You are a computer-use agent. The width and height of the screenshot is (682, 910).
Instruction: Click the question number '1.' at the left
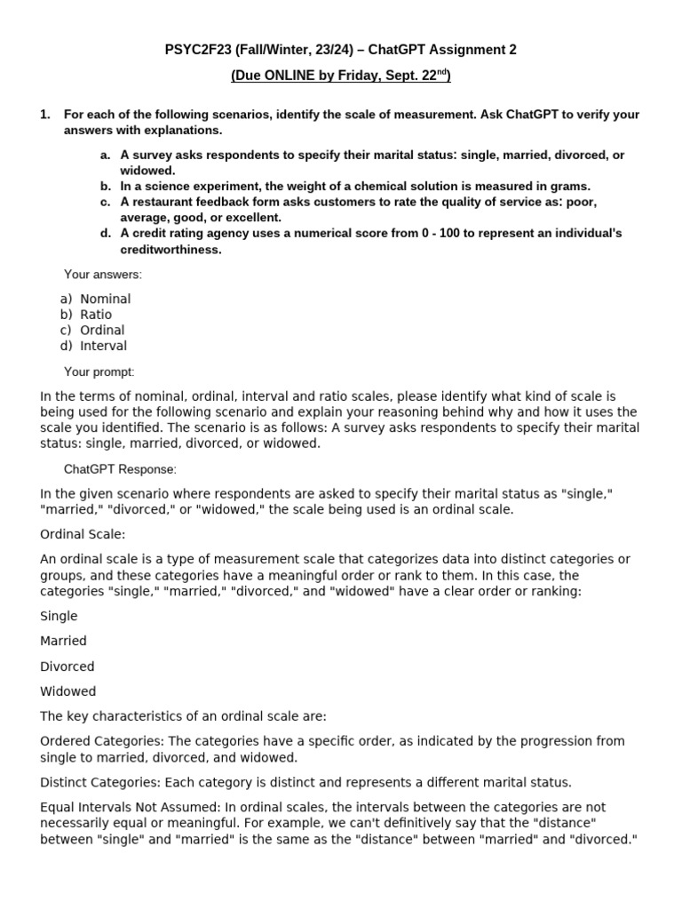pyautogui.click(x=46, y=115)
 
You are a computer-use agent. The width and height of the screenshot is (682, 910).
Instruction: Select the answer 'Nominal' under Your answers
pyautogui.click(x=105, y=299)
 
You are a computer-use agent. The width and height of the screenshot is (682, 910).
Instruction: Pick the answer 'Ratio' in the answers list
pyautogui.click(x=96, y=315)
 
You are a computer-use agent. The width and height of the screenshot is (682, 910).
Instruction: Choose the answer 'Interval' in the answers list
pyautogui.click(x=103, y=346)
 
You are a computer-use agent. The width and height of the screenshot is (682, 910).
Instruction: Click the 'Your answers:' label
pyautogui.click(x=102, y=275)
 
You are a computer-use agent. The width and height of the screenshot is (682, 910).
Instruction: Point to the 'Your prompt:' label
pyautogui.click(x=99, y=371)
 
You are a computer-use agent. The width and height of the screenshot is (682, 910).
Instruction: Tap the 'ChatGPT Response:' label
pyautogui.click(x=120, y=468)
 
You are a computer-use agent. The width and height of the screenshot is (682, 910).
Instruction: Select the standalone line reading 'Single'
pyautogui.click(x=59, y=616)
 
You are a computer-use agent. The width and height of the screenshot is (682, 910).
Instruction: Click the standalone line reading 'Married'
pyautogui.click(x=64, y=641)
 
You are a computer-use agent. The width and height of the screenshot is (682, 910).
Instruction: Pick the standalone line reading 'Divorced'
pyautogui.click(x=67, y=667)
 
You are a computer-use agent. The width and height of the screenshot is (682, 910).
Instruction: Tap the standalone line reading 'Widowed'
pyautogui.click(x=68, y=691)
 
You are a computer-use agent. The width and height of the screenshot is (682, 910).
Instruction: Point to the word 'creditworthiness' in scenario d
pyautogui.click(x=170, y=250)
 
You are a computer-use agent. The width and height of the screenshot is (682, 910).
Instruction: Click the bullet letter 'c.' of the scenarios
pyautogui.click(x=106, y=202)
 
